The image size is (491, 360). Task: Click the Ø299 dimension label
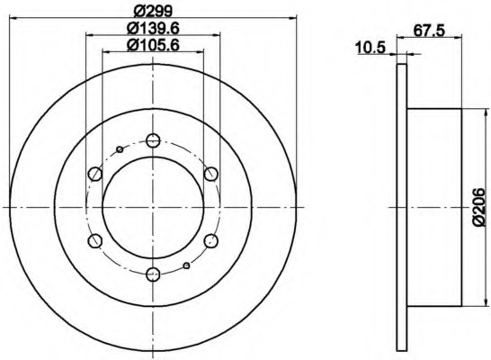(x=153, y=12)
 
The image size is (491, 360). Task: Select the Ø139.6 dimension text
(x=153, y=29)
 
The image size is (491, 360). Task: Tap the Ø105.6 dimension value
(x=153, y=45)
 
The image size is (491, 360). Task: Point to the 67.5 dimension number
(x=429, y=31)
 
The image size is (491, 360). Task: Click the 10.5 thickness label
(x=370, y=48)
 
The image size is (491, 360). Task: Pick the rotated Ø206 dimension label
(x=479, y=207)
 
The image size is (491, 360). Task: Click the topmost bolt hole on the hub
(x=153, y=140)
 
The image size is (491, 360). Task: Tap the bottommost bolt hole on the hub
(x=153, y=274)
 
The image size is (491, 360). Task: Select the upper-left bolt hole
(x=95, y=174)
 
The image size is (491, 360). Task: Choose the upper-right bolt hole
(x=211, y=174)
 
